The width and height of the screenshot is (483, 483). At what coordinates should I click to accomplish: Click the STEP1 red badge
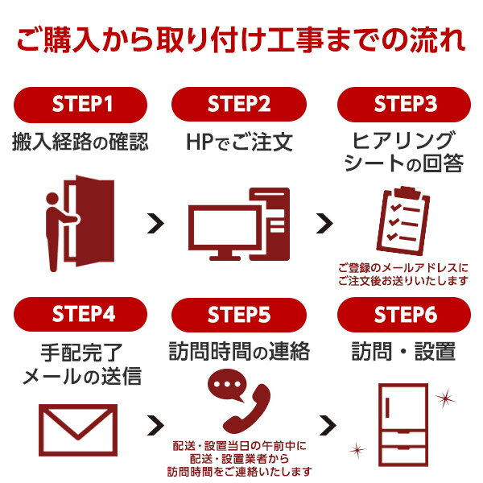tap(80, 105)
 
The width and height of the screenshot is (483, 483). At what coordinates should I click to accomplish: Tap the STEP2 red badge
tap(239, 105)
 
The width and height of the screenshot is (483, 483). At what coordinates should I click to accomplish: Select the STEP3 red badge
tap(403, 105)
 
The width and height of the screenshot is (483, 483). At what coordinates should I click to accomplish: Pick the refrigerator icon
tap(402, 426)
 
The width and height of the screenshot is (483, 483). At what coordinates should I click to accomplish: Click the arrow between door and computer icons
tap(156, 224)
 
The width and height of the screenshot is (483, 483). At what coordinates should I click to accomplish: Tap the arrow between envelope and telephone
tap(156, 425)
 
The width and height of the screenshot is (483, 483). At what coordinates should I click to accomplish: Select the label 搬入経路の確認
tap(80, 142)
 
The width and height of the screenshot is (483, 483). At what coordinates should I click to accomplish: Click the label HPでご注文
tap(239, 142)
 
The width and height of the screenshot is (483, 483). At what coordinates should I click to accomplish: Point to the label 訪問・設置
tap(403, 351)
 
